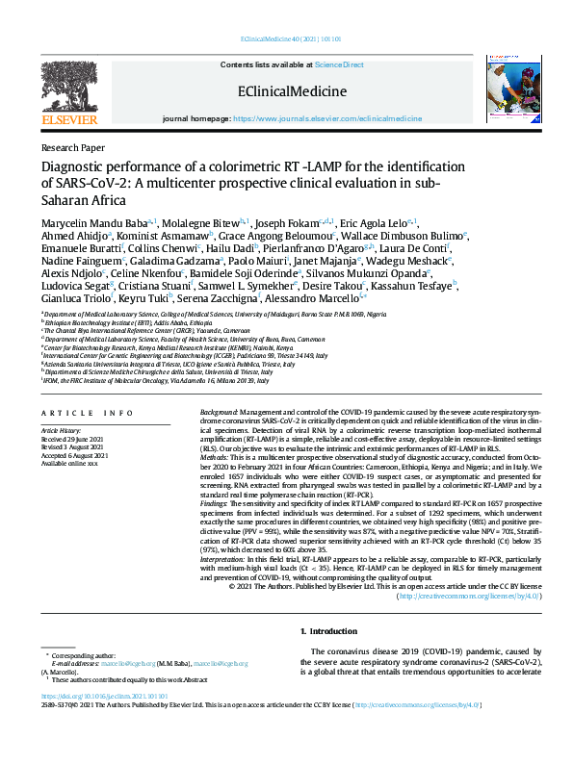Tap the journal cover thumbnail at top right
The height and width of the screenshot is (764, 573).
click(505, 90)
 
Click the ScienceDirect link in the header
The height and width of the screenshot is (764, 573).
click(339, 64)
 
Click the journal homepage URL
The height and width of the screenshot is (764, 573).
click(326, 117)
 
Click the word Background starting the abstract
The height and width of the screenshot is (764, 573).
click(219, 411)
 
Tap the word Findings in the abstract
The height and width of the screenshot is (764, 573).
click(214, 502)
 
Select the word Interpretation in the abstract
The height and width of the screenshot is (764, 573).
click(222, 557)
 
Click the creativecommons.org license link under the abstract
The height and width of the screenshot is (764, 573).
click(469, 596)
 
